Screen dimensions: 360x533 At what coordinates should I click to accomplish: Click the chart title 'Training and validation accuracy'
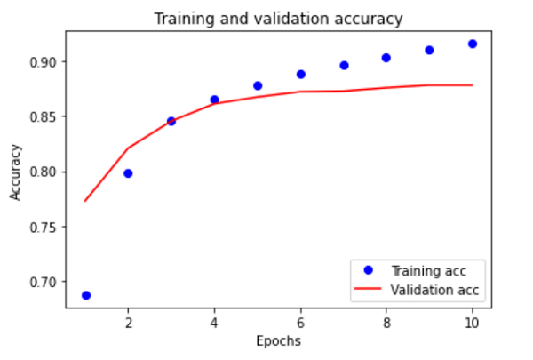(x=278, y=19)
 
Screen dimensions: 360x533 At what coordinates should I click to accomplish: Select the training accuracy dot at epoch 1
(x=85, y=295)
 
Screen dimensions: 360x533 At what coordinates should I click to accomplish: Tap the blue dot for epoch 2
(x=128, y=173)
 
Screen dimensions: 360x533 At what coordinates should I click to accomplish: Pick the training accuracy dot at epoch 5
(x=258, y=85)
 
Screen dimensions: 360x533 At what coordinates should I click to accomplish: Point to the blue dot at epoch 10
(x=473, y=44)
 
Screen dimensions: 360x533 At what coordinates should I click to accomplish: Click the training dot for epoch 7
(x=344, y=65)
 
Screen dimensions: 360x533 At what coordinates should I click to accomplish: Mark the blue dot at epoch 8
(x=386, y=58)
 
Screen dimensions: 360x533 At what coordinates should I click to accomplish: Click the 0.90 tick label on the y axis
(x=47, y=62)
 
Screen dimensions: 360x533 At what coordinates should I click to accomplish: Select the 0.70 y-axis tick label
(x=47, y=282)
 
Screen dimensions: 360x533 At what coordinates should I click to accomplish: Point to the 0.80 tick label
(x=47, y=172)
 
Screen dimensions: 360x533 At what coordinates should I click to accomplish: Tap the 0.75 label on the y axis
(x=47, y=227)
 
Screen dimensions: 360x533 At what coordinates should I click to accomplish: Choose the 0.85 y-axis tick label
(x=47, y=116)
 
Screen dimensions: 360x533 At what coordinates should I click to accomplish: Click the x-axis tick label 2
(x=128, y=322)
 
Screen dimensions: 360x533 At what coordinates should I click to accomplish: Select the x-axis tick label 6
(x=300, y=322)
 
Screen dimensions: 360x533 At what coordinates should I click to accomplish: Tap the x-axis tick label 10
(x=473, y=322)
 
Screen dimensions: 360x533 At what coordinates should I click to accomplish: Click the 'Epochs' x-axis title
(x=278, y=340)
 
